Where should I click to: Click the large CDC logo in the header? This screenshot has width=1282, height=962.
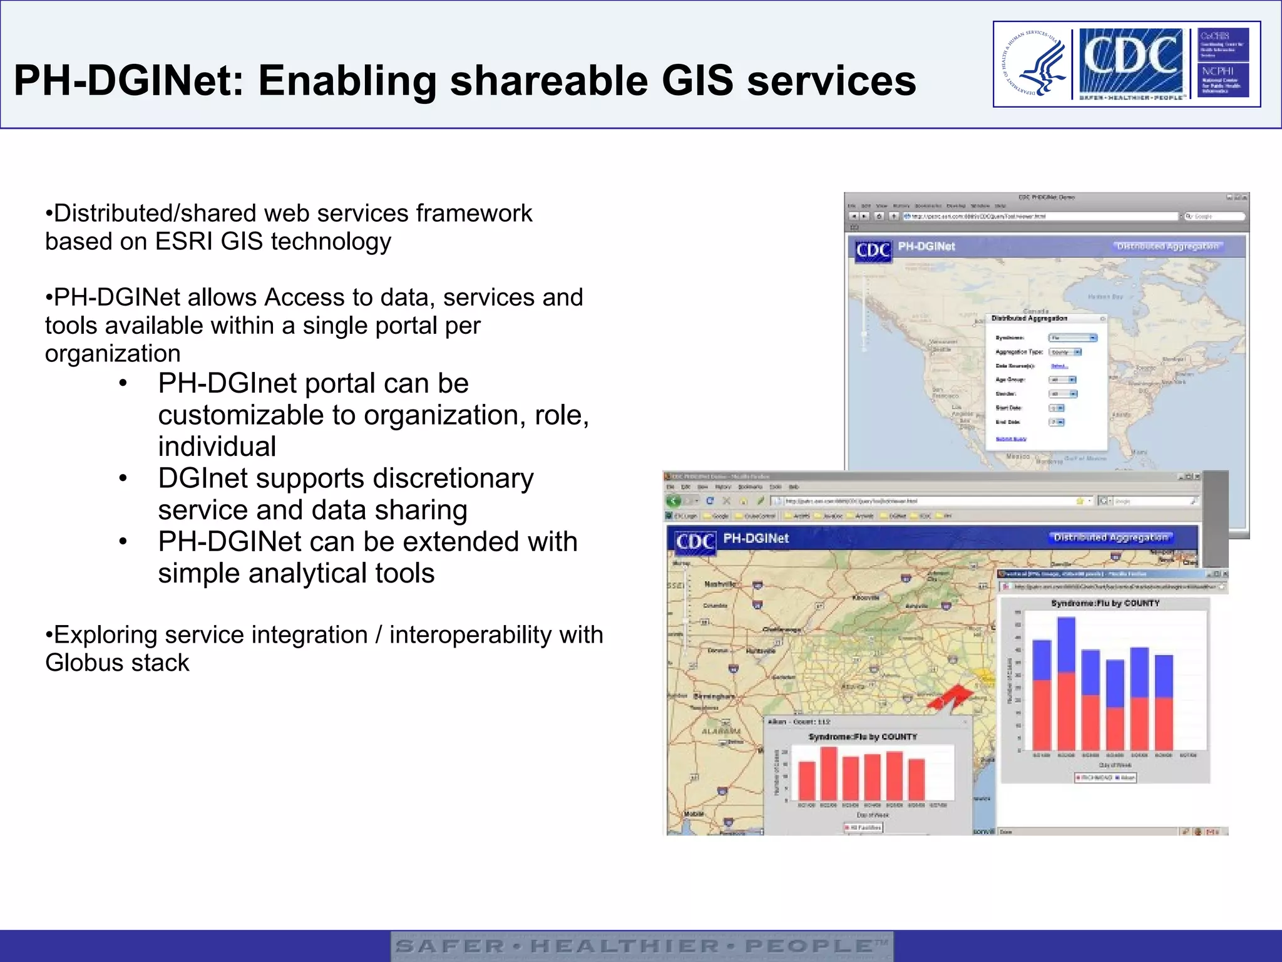click(1131, 59)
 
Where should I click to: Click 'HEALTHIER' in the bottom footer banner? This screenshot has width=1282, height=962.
click(624, 946)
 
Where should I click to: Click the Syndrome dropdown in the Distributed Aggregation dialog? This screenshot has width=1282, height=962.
click(1073, 338)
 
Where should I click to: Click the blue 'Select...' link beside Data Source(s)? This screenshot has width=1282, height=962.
click(1059, 366)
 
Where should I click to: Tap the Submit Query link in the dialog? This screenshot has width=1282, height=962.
click(1011, 439)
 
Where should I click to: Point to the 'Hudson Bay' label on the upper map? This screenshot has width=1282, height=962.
click(1105, 297)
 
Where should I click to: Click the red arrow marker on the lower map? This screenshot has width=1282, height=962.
click(950, 697)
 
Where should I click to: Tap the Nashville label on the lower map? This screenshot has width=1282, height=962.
click(720, 584)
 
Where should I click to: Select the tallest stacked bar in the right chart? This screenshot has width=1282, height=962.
click(1066, 683)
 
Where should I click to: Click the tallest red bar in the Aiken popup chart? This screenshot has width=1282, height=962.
click(828, 773)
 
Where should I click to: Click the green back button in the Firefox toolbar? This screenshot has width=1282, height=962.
click(674, 501)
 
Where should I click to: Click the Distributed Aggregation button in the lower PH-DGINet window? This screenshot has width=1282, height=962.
click(1110, 537)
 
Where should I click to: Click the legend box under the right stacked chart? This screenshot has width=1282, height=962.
click(1105, 777)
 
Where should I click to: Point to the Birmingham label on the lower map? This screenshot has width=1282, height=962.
click(714, 696)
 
